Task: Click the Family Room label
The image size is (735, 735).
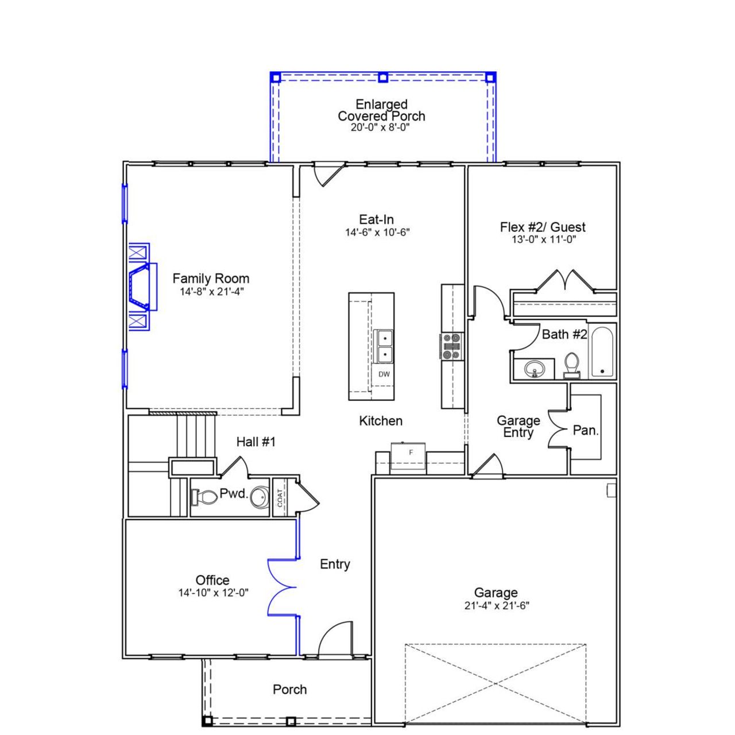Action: click(211, 278)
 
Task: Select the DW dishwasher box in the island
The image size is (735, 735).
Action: click(384, 374)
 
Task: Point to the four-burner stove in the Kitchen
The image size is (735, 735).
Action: click(452, 347)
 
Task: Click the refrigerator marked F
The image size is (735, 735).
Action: click(408, 457)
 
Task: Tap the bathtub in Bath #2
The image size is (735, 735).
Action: click(602, 351)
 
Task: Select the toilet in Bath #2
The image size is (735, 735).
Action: click(571, 365)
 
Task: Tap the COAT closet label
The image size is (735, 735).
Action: click(280, 497)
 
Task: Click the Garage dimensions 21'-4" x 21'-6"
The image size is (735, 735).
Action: click(497, 605)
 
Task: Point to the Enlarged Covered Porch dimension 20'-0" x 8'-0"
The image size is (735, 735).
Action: click(380, 127)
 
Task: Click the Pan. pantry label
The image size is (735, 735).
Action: click(586, 430)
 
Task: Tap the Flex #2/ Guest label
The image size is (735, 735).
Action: click(543, 227)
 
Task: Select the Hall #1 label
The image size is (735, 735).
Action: click(256, 442)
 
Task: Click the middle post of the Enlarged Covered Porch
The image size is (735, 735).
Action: click(383, 77)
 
